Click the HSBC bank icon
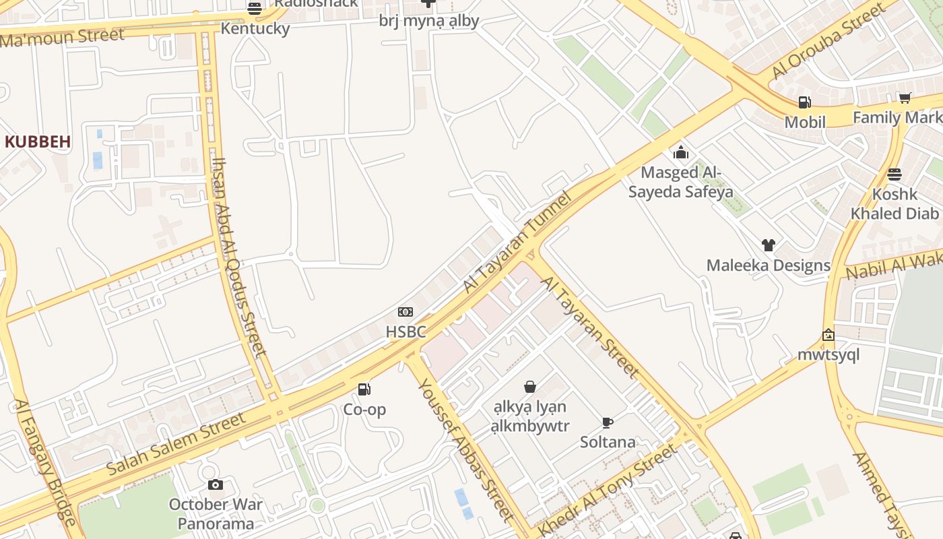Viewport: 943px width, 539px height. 405,311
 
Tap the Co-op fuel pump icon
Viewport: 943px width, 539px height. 364,389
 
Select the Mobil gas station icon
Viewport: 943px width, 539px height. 804,102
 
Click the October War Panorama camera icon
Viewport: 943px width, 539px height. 216,484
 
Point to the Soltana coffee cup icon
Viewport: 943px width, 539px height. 607,422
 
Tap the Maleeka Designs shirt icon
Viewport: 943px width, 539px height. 768,245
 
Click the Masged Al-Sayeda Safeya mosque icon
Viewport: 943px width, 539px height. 681,152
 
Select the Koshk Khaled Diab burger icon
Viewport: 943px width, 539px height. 894,175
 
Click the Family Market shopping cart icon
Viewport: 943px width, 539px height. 905,98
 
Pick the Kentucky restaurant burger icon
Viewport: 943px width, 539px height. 255,9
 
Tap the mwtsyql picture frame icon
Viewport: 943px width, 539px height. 828,335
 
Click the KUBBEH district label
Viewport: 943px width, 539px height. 38,141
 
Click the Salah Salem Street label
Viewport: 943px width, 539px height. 176,443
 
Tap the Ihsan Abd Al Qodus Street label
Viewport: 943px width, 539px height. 239,256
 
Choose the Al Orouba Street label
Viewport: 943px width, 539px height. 828,41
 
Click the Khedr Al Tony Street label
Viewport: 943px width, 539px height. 606,490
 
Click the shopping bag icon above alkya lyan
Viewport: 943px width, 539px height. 530,387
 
